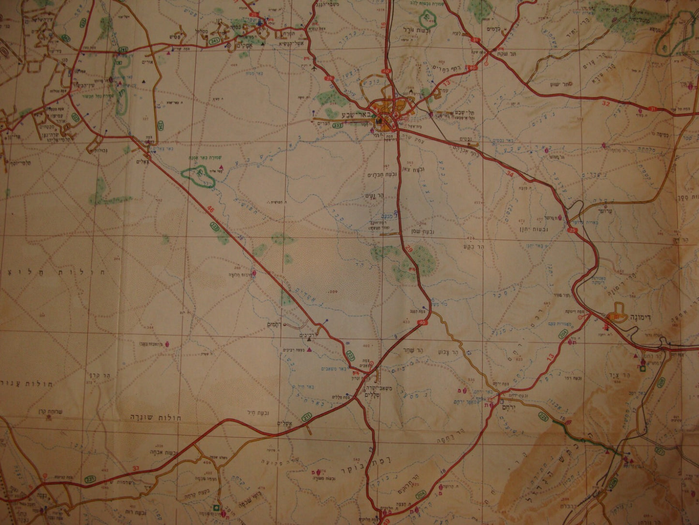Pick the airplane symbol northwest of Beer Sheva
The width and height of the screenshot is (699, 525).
(x=315, y=68)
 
